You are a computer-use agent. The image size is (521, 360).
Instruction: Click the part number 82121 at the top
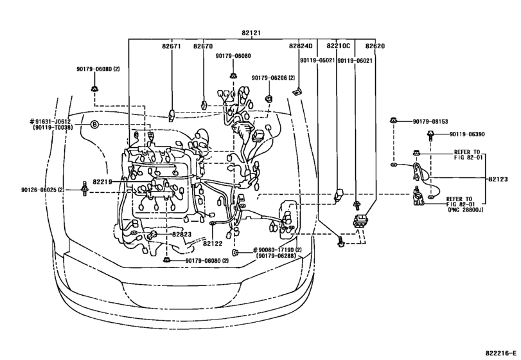[251, 33]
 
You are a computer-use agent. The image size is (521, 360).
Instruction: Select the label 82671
[172, 46]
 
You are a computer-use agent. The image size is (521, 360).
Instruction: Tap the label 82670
[203, 46]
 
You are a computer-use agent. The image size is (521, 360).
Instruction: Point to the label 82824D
[301, 46]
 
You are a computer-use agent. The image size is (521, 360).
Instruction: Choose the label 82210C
[339, 46]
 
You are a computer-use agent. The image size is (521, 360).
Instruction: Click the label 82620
[375, 46]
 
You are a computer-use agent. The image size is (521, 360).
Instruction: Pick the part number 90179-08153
[430, 122]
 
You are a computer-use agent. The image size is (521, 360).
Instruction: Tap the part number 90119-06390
[467, 134]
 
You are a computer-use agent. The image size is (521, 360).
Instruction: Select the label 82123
[498, 179]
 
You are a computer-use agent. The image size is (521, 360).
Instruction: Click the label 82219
[102, 182]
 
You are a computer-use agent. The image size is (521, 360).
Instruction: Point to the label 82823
[182, 235]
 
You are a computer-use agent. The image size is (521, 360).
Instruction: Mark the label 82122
[213, 244]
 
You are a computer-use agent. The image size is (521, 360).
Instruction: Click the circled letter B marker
[94, 125]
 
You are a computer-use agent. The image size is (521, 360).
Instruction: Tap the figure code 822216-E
[500, 353]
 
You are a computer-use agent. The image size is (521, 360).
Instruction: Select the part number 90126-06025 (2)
[42, 190]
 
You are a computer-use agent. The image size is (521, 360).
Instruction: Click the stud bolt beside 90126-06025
[84, 188]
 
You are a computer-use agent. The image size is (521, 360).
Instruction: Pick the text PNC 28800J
[465, 210]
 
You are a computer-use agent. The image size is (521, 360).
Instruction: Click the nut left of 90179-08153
[393, 120]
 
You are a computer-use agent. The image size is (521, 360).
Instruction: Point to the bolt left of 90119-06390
[430, 135]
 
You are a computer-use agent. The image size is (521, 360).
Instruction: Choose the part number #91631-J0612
[50, 122]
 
